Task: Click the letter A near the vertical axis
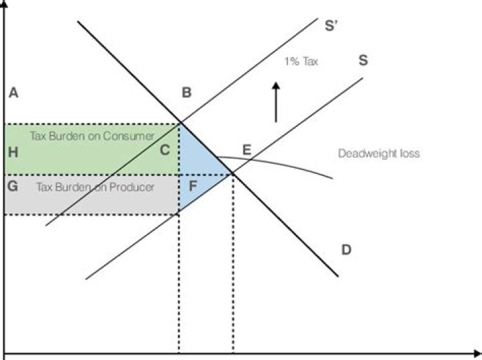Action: [x=12, y=93]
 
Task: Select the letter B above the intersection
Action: [x=187, y=93]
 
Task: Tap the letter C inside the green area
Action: [x=164, y=151]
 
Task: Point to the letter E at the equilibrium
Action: [x=246, y=150]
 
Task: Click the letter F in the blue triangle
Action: [x=193, y=185]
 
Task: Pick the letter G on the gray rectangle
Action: [x=12, y=185]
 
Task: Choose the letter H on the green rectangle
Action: [x=12, y=152]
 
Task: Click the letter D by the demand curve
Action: [x=346, y=250]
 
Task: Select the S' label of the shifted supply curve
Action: [x=331, y=27]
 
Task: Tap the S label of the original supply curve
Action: [x=363, y=60]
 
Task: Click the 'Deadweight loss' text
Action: [x=379, y=153]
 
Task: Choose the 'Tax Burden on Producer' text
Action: [x=95, y=187]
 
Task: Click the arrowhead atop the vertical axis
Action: [x=5, y=5]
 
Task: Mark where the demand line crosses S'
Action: [x=179, y=123]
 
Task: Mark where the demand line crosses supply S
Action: [x=232, y=174]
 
